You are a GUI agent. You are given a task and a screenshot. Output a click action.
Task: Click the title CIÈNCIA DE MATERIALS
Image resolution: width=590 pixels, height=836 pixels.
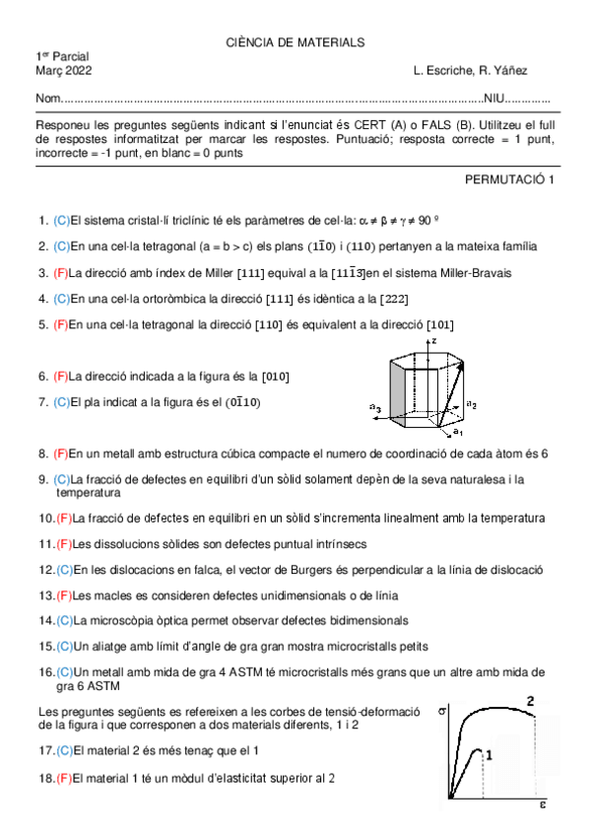pos(295,42)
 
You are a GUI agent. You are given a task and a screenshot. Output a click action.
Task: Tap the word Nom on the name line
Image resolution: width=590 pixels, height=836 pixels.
pos(47,100)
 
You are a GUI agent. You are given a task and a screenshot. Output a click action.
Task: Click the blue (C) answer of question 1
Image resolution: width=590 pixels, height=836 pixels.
pos(61,221)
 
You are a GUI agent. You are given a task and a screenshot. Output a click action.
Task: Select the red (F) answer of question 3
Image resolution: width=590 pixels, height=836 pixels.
pos(61,273)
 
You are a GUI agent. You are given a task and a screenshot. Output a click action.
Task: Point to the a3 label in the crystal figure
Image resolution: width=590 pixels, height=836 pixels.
pos(374,407)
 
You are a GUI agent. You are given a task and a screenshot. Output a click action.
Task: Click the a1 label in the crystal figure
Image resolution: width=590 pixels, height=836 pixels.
pos(458,433)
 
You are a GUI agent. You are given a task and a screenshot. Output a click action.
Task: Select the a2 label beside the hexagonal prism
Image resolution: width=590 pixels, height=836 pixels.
pos(472,404)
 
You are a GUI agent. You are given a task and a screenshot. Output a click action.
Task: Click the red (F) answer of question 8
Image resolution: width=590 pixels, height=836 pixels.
pos(61,453)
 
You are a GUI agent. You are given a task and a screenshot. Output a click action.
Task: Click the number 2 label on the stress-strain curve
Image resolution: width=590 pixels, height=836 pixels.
pos(530,701)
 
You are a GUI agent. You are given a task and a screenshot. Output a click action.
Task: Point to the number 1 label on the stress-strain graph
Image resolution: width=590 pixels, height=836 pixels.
pos(490,754)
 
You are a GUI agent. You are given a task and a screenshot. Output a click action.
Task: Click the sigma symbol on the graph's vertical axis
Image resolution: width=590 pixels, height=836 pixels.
pos(441,709)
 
